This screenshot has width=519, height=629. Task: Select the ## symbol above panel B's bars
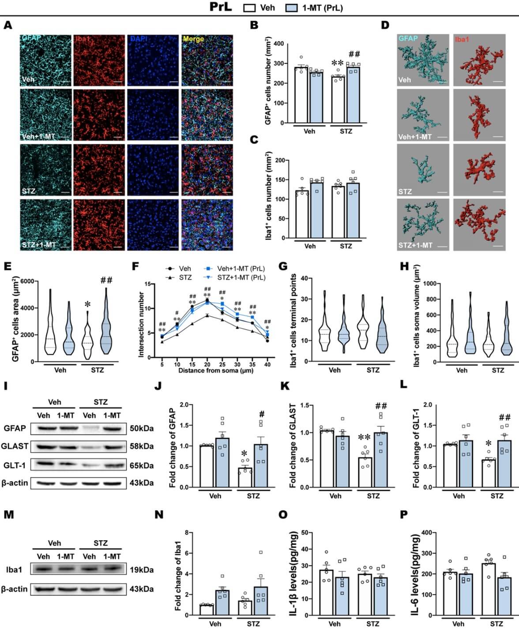pos(354,54)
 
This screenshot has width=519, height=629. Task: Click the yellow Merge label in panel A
pos(193,39)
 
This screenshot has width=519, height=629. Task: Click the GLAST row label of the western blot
pos(15,446)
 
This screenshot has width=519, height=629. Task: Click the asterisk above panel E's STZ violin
pos(88,305)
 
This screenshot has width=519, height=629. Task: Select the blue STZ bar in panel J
pos(261,465)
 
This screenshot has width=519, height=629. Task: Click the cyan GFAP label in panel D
pos(408,39)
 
